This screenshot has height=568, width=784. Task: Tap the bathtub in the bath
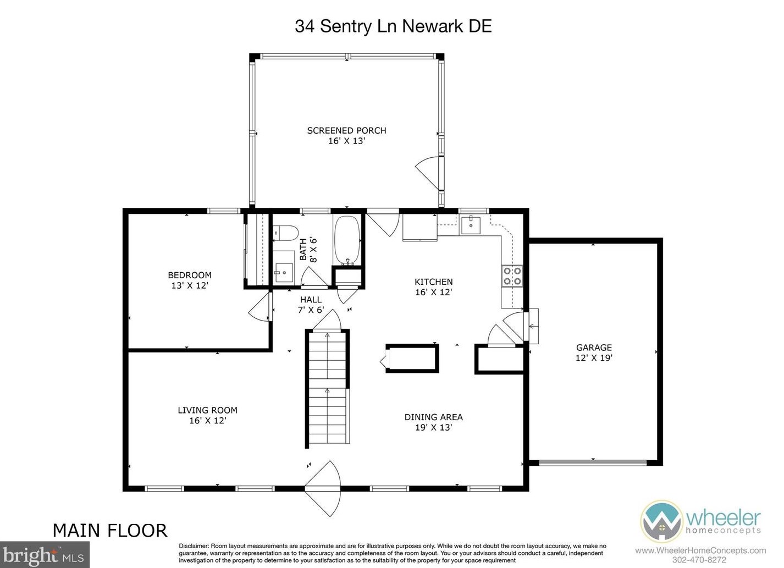(x=347, y=240)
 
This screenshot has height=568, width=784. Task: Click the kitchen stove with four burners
(x=512, y=276)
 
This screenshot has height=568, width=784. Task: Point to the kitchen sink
(x=471, y=225)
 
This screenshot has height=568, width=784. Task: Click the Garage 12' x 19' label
(x=594, y=352)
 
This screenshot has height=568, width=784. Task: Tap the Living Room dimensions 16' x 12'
(x=208, y=420)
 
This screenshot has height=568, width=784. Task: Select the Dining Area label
(x=433, y=417)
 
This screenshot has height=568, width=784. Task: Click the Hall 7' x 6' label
(x=311, y=305)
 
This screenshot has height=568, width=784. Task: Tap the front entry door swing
(x=322, y=488)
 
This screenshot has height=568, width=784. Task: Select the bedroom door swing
(x=260, y=306)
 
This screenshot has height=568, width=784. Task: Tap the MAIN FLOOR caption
(x=110, y=531)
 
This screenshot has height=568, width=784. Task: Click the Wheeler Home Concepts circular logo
(x=661, y=521)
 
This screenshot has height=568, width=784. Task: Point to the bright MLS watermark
(x=45, y=555)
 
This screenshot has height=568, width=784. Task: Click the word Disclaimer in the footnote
(x=194, y=546)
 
